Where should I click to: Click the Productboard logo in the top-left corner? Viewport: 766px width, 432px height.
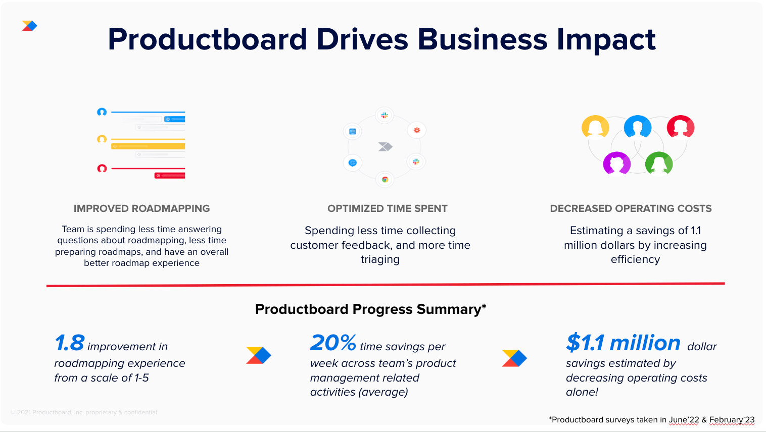point(29,26)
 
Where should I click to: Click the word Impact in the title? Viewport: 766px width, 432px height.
point(606,39)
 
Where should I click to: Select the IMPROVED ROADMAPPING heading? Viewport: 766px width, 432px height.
point(141,208)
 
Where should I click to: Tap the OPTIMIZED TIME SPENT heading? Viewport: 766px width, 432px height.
point(388,208)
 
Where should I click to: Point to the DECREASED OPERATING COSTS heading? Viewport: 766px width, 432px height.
point(631,208)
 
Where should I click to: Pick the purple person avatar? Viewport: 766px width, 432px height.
point(617,163)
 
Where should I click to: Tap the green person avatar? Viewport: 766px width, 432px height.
point(659,163)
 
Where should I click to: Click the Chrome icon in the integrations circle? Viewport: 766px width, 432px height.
point(385,179)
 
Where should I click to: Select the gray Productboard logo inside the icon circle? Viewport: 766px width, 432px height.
point(386,146)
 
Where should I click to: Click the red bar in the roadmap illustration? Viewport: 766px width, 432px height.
point(170,176)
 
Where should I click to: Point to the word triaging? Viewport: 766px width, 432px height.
point(380,259)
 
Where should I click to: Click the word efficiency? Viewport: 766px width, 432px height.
point(635,259)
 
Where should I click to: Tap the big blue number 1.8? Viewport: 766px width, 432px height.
point(70,343)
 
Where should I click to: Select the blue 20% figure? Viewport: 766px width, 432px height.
point(333,343)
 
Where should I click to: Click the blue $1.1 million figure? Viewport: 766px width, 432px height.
point(624,343)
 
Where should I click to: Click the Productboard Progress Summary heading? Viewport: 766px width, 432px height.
point(370,309)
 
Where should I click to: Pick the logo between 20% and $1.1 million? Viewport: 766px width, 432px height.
point(514,358)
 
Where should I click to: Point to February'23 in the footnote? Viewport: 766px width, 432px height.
point(732,420)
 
